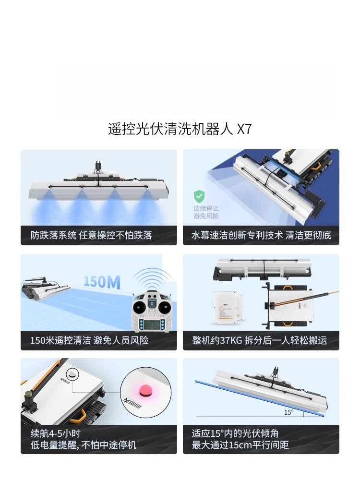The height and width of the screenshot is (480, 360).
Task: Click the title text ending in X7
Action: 180,129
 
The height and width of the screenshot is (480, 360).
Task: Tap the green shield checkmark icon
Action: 199,196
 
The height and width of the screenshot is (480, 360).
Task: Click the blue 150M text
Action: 102,282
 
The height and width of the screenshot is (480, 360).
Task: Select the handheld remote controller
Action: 153,311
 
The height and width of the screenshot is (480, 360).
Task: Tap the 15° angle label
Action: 288,412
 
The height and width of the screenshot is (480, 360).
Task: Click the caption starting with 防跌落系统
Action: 91,236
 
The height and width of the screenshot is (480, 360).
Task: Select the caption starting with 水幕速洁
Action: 261,236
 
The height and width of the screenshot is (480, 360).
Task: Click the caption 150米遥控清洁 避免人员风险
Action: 89,340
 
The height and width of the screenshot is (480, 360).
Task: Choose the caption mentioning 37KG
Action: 259,340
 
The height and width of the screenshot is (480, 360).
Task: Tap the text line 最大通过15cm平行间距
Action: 240,445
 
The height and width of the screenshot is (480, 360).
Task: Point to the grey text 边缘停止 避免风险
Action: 206,212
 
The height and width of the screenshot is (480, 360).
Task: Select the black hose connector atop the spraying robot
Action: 98,167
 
